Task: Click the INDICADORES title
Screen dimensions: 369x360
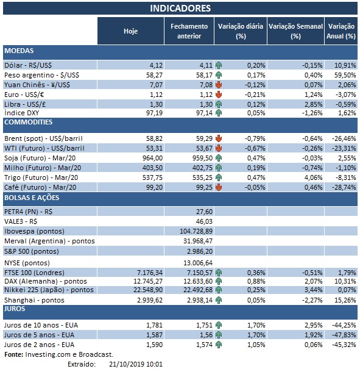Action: click(180, 8)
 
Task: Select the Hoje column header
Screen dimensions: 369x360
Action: click(130, 30)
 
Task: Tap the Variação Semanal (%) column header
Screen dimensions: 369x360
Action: click(295, 31)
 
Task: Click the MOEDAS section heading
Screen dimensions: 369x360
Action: click(18, 51)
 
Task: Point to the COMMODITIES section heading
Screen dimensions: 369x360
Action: click(28, 123)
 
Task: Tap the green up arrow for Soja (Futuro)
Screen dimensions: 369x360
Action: click(218, 158)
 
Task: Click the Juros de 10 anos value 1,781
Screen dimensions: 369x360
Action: click(149, 325)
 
